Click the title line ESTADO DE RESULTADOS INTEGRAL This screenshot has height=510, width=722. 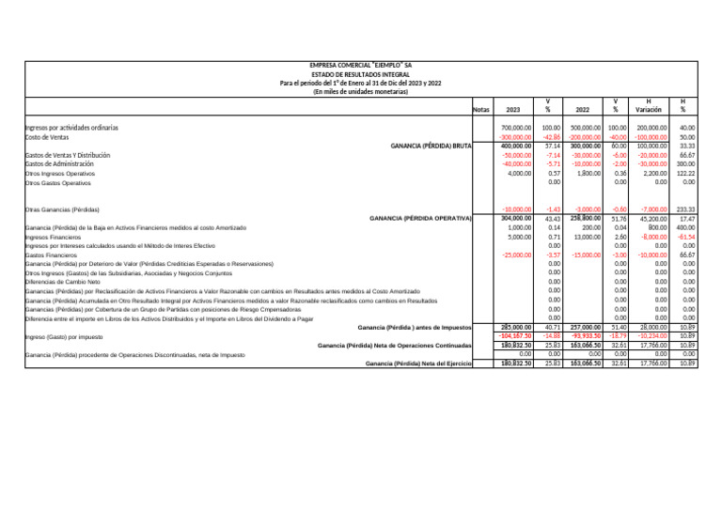[361, 74]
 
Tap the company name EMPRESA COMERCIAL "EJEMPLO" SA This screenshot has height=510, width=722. [361, 66]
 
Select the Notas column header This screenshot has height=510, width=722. [480, 109]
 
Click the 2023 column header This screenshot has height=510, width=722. [513, 109]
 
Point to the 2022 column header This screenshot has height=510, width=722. [583, 109]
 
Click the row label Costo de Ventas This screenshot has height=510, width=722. [47, 136]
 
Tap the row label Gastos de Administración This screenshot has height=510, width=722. [62, 164]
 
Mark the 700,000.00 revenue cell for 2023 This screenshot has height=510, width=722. [517, 127]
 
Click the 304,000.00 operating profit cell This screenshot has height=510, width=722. [517, 219]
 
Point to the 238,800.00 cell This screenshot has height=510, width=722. [585, 219]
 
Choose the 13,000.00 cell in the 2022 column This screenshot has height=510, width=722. [586, 239]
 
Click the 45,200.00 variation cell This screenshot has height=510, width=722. [651, 219]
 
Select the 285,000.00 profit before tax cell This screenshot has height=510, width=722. [517, 326]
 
